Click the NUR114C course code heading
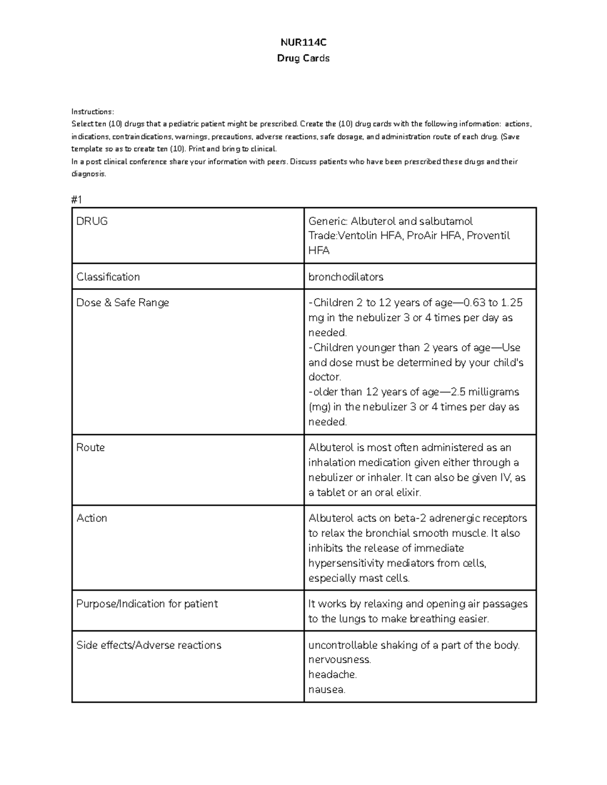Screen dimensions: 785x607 coord(303,42)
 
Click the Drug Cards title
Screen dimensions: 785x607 coord(303,58)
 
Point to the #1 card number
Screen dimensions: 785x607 coord(77,200)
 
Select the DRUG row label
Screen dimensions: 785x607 coord(92,221)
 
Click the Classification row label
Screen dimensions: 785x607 coord(108,277)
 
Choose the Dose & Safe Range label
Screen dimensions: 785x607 coord(122,303)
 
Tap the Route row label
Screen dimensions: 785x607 coord(91,447)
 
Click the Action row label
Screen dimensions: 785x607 coord(92,518)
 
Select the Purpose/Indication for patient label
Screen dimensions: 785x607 coord(147,604)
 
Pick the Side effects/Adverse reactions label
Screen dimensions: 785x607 coord(149,645)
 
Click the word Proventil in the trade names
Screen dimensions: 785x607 coord(488,236)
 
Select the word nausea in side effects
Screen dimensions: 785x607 coord(326,689)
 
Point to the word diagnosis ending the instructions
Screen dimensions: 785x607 coord(89,174)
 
